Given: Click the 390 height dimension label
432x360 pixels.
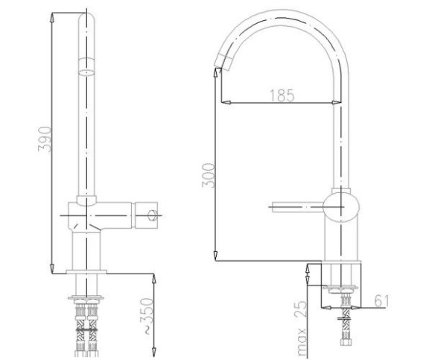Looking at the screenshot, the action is pyautogui.click(x=45, y=139).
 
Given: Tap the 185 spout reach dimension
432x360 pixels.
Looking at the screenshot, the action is pyautogui.click(x=282, y=95).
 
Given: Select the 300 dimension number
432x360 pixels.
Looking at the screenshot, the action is pyautogui.click(x=208, y=176).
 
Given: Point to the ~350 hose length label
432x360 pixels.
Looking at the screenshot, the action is pyautogui.click(x=147, y=316).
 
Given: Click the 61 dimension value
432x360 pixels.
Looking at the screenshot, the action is pyautogui.click(x=381, y=301).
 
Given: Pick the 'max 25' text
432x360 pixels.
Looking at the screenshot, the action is pyautogui.click(x=302, y=327).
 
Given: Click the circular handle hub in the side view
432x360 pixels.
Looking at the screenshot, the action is pyautogui.click(x=341, y=206).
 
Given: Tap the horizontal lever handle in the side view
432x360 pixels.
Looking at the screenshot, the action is pyautogui.click(x=297, y=206).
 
